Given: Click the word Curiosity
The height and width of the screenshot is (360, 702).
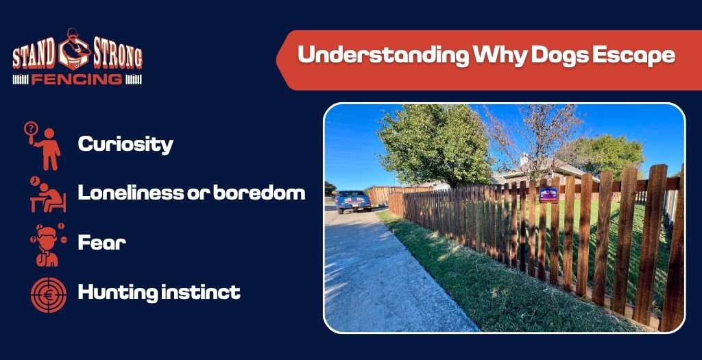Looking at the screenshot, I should click(125, 144).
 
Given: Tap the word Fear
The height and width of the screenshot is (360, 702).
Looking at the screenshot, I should click(101, 242).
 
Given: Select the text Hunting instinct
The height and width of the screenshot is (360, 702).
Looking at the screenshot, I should click(159, 293).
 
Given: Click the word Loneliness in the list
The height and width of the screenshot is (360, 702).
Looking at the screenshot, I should click(131, 193).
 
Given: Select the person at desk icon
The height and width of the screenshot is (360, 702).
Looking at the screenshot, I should click(47, 194).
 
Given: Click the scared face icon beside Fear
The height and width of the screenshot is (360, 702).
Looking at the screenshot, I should click(47, 243).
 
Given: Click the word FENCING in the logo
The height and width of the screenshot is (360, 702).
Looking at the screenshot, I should click(77, 79).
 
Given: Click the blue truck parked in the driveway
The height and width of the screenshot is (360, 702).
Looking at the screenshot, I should click(352, 202).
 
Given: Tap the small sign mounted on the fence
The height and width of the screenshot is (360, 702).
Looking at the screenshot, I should click(548, 194).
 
